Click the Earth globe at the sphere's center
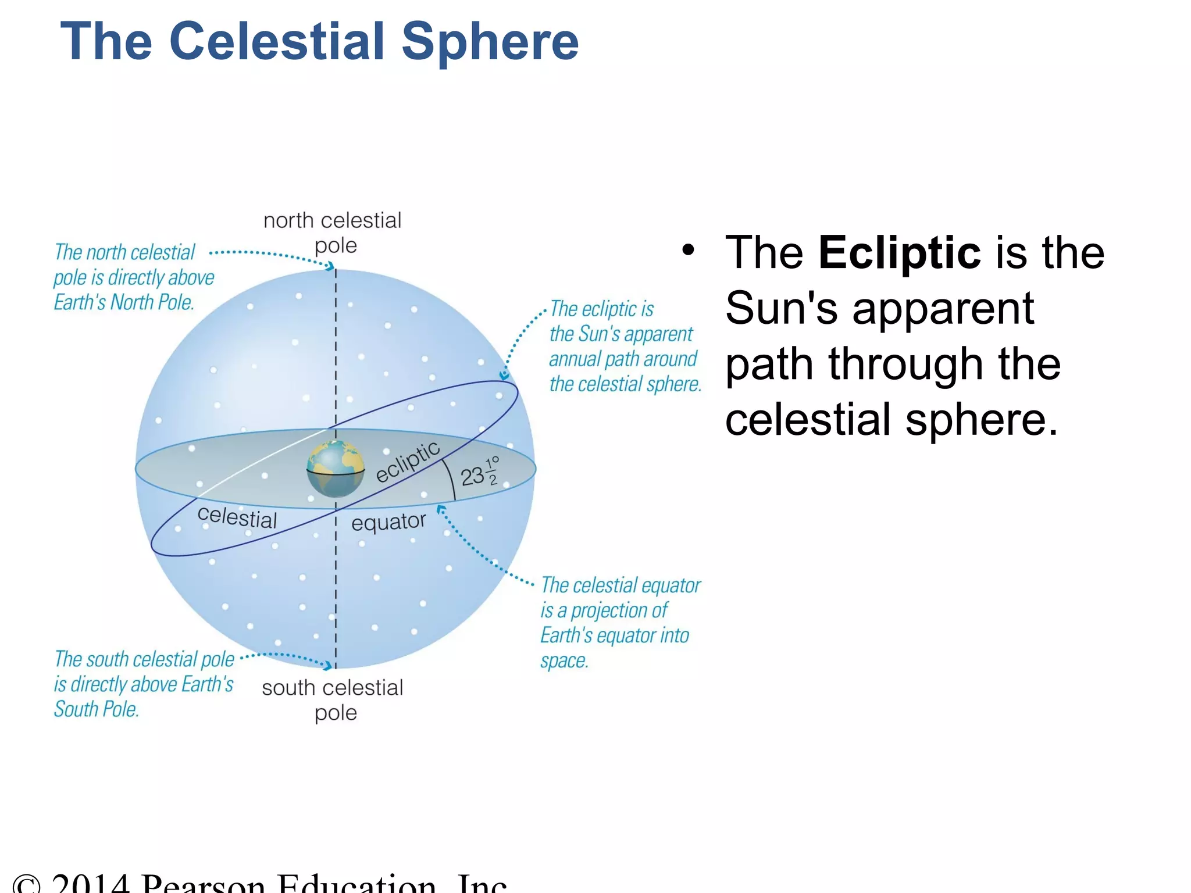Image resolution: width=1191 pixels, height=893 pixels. pyautogui.click(x=336, y=469)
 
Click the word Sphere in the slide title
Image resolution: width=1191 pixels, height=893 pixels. pyautogui.click(x=490, y=42)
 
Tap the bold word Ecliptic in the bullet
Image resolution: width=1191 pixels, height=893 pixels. pyautogui.click(x=899, y=253)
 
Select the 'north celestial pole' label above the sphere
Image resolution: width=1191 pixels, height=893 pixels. pyautogui.click(x=333, y=233)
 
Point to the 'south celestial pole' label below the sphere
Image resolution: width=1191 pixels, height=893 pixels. pyautogui.click(x=333, y=699)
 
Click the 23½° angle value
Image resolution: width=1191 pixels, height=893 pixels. pyautogui.click(x=479, y=474)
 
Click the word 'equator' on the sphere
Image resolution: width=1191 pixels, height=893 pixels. pyautogui.click(x=388, y=522)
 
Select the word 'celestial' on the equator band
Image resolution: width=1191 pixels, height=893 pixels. pyautogui.click(x=237, y=517)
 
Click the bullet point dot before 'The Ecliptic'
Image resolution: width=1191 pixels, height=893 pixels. pyautogui.click(x=688, y=251)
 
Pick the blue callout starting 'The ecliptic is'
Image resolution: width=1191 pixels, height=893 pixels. pyautogui.click(x=625, y=347)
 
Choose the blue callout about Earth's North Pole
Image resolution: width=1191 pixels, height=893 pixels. pyautogui.click(x=134, y=277)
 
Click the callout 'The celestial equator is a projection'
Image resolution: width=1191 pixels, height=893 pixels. pyautogui.click(x=620, y=622)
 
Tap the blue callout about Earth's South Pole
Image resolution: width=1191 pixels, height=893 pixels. pyautogui.click(x=144, y=684)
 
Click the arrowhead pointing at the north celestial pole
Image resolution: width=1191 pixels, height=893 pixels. pyautogui.click(x=331, y=266)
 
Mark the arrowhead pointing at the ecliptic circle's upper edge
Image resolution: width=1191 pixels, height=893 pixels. pyautogui.click(x=504, y=376)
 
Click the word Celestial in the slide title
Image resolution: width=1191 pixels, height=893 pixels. pyautogui.click(x=277, y=42)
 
